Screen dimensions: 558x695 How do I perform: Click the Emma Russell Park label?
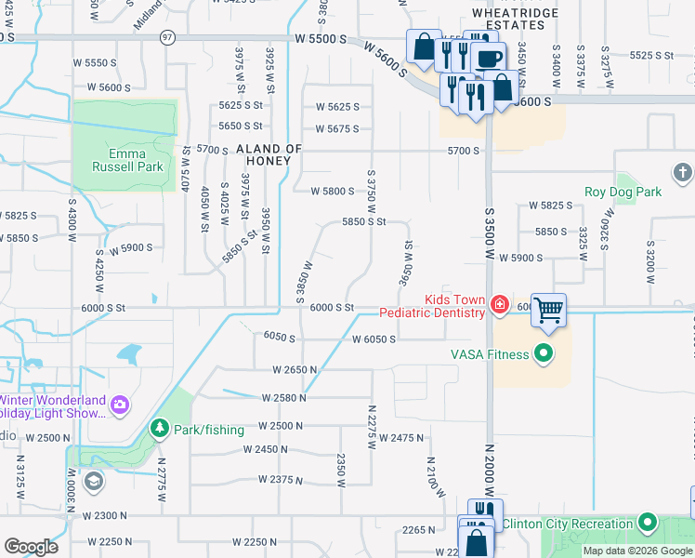[x=128, y=161]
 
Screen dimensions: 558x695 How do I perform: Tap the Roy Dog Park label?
[x=623, y=192]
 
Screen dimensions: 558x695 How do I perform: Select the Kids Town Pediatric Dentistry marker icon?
[x=499, y=303]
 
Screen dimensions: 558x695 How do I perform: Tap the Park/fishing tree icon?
[x=159, y=429]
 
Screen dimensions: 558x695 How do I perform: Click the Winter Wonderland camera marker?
[x=119, y=404]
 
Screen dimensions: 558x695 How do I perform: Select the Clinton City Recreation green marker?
[x=648, y=523]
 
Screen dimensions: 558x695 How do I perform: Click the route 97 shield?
[x=167, y=37]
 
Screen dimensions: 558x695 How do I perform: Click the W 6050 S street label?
[x=374, y=339]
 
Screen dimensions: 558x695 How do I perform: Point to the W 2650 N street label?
[x=295, y=369]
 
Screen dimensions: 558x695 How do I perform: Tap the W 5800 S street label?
[x=332, y=192]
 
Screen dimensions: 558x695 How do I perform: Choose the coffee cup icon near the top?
[x=488, y=57]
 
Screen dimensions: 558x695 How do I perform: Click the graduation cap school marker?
[x=93, y=481]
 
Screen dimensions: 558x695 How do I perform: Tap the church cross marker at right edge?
[x=683, y=172]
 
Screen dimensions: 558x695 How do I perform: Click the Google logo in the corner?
[x=31, y=546]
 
